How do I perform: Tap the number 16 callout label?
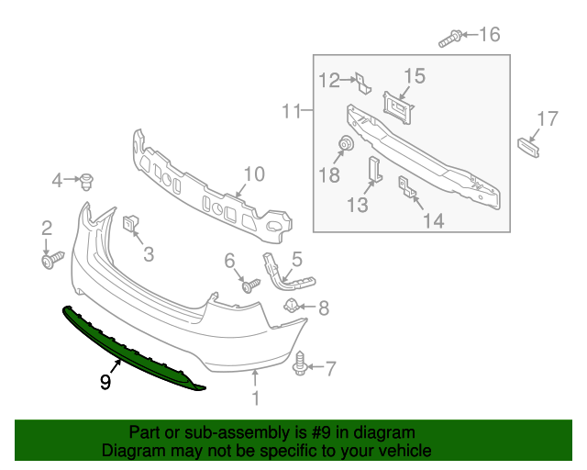(x=489, y=35)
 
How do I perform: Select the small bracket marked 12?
(x=362, y=84)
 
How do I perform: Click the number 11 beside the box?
(x=291, y=112)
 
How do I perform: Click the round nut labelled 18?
(x=347, y=144)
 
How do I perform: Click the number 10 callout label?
(x=253, y=173)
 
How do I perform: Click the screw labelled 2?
(x=50, y=262)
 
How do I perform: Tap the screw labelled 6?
(x=247, y=285)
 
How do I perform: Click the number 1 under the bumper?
(x=256, y=398)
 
